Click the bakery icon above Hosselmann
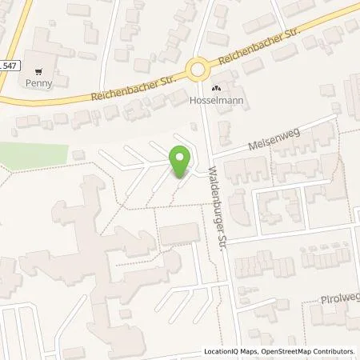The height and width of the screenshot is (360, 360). pyautogui.click(x=214, y=89)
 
